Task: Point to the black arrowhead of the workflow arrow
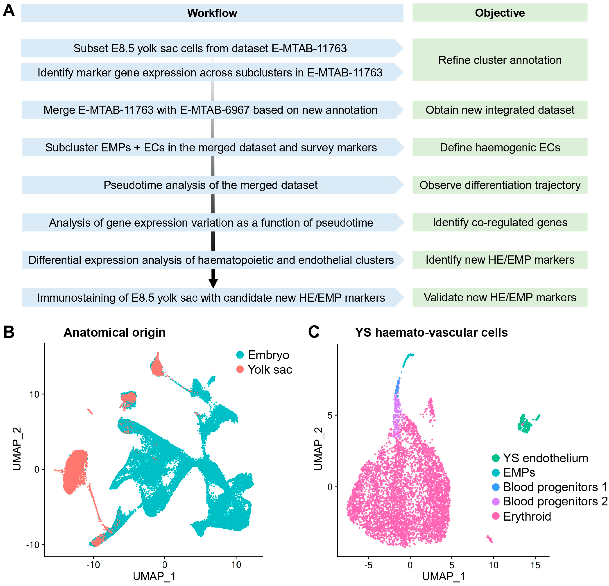[213, 283]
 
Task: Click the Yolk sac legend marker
[240, 369]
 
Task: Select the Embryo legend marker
[240, 355]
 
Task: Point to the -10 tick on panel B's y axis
[33, 545]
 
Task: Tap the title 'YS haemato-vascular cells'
[431, 332]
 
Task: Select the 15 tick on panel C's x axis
[535, 565]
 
